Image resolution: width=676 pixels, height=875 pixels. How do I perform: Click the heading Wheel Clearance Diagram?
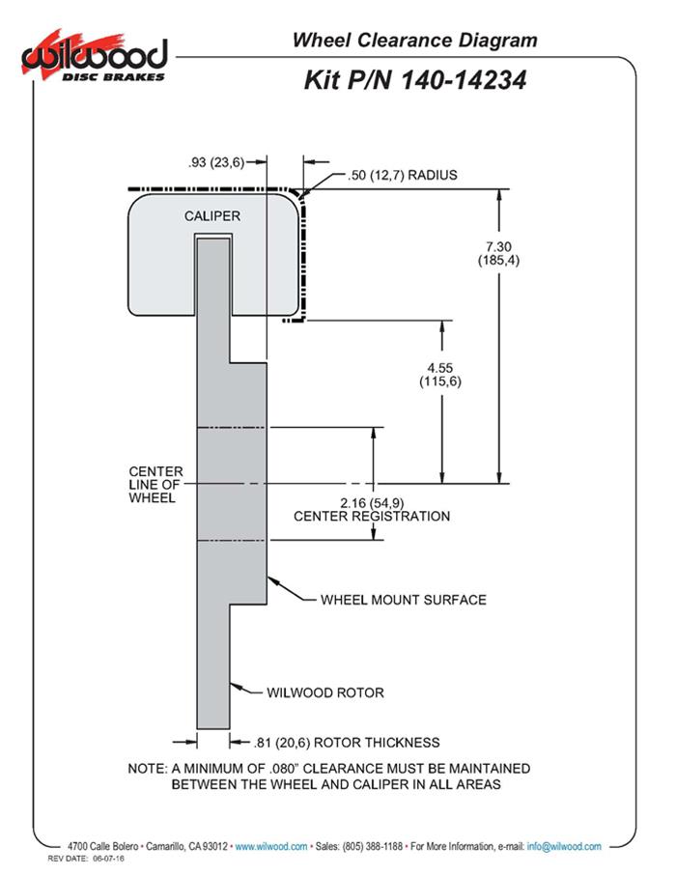[x=414, y=40]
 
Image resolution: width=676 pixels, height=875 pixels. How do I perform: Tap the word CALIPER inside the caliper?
[x=212, y=216]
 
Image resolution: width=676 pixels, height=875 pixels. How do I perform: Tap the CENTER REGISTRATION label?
[x=372, y=517]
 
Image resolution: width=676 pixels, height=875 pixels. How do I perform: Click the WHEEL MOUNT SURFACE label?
[x=403, y=600]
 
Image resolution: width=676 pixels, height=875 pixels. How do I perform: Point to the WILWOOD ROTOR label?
[x=325, y=692]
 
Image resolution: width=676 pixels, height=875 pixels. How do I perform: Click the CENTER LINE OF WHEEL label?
[x=153, y=485]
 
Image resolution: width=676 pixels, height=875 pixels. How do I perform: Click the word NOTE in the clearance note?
[x=147, y=769]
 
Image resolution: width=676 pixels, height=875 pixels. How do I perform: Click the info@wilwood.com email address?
[x=564, y=846]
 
